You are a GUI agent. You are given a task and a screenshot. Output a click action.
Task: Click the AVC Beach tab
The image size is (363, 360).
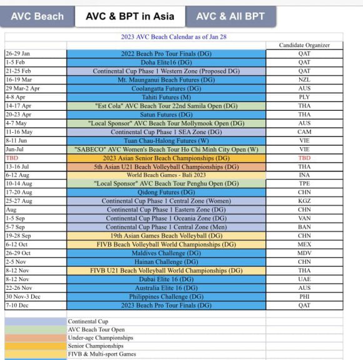coord(37,16)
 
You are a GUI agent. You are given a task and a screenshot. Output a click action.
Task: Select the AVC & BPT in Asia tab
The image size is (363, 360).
coord(130,16)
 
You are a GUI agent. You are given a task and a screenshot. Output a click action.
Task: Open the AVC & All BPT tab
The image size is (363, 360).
coord(230,16)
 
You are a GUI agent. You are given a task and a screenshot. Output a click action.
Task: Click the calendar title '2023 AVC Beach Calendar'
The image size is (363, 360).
coord(173,37)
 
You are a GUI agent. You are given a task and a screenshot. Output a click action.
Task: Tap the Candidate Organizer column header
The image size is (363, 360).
coord(304,45)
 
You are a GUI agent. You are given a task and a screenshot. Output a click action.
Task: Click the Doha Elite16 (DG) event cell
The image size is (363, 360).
coord(166,63)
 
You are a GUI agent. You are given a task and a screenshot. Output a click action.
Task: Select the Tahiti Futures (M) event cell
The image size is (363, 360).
coord(166,98)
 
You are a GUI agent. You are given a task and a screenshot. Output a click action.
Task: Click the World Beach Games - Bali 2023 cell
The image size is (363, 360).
coord(166,175)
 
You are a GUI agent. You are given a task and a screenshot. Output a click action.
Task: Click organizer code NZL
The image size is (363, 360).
coord(304,80)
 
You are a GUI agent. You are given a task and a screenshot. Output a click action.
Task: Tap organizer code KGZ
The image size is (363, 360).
coord(304,201)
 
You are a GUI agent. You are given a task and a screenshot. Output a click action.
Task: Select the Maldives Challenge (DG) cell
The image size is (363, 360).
coord(166,253)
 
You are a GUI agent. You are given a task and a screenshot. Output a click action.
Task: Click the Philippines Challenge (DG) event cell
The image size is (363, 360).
coord(166,297)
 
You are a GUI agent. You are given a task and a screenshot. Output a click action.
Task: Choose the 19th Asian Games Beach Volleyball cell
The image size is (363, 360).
coord(166,236)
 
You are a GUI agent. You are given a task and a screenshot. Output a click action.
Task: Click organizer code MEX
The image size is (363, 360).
coord(304,245)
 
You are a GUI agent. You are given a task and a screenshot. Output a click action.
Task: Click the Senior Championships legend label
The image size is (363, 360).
coord(91,346)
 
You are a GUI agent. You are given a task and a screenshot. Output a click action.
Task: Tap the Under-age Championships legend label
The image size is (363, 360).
coord(100,337)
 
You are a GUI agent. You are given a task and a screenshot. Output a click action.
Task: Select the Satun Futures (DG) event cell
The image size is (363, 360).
coord(166,115)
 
